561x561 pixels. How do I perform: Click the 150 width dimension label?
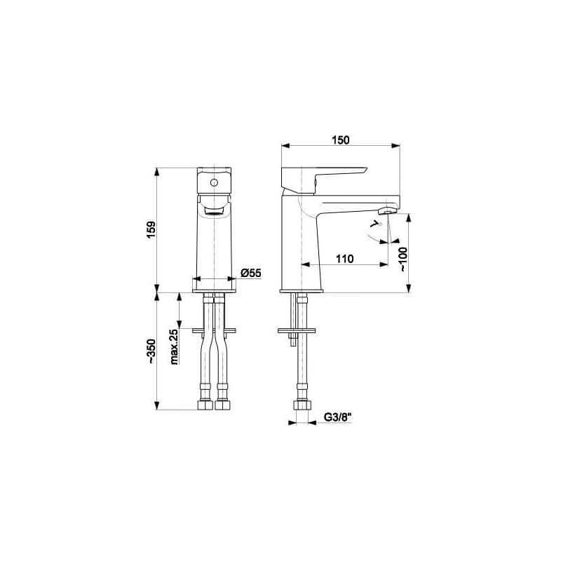(x=340, y=140)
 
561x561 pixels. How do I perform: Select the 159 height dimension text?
(x=151, y=230)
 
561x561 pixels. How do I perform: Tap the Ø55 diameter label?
(x=251, y=273)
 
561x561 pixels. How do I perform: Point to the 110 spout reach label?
(x=344, y=258)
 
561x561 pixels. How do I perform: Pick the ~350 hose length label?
(x=151, y=351)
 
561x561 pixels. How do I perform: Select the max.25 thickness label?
(x=174, y=346)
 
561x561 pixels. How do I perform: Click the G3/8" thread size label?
(x=337, y=417)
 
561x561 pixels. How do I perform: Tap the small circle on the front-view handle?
(x=214, y=183)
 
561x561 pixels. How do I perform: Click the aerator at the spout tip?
(x=388, y=211)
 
